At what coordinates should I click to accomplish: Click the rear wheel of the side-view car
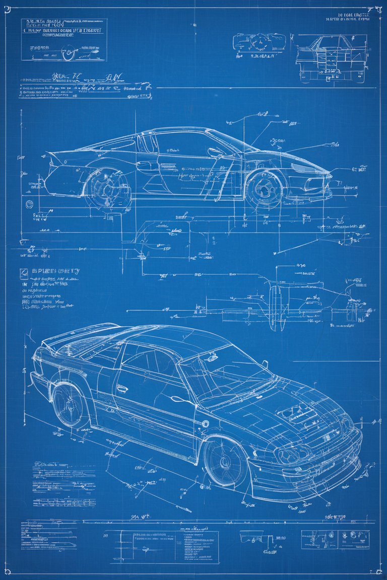(107, 187)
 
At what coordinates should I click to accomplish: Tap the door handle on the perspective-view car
(122, 389)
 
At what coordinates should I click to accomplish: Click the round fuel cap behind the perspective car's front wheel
(205, 424)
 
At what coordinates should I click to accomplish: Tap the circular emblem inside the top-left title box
(68, 52)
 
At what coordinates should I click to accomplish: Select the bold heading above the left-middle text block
(55, 271)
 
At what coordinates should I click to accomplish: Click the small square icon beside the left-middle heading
(23, 272)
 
